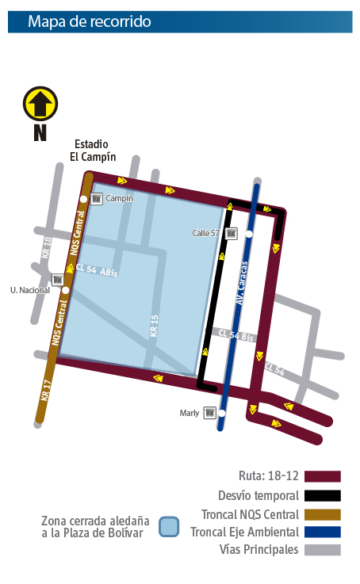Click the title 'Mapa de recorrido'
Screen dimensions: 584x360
89,21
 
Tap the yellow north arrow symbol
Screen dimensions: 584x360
40,104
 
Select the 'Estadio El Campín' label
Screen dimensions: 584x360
92,150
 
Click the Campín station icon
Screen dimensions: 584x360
96,198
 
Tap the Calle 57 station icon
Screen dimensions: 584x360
232,233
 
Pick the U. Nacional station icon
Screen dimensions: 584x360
57,280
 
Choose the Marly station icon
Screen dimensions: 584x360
210,412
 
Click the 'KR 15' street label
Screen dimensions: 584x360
155,326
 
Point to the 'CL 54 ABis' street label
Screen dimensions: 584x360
97,271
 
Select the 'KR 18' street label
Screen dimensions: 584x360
46,249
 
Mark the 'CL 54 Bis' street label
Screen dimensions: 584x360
236,337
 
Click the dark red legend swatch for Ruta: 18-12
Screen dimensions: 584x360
321,476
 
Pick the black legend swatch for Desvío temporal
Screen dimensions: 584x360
321,495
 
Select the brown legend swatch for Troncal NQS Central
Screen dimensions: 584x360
321,514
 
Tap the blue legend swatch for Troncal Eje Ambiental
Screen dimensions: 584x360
321,532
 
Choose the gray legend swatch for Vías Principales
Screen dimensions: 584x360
321,550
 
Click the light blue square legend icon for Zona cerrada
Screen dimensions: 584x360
167,527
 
